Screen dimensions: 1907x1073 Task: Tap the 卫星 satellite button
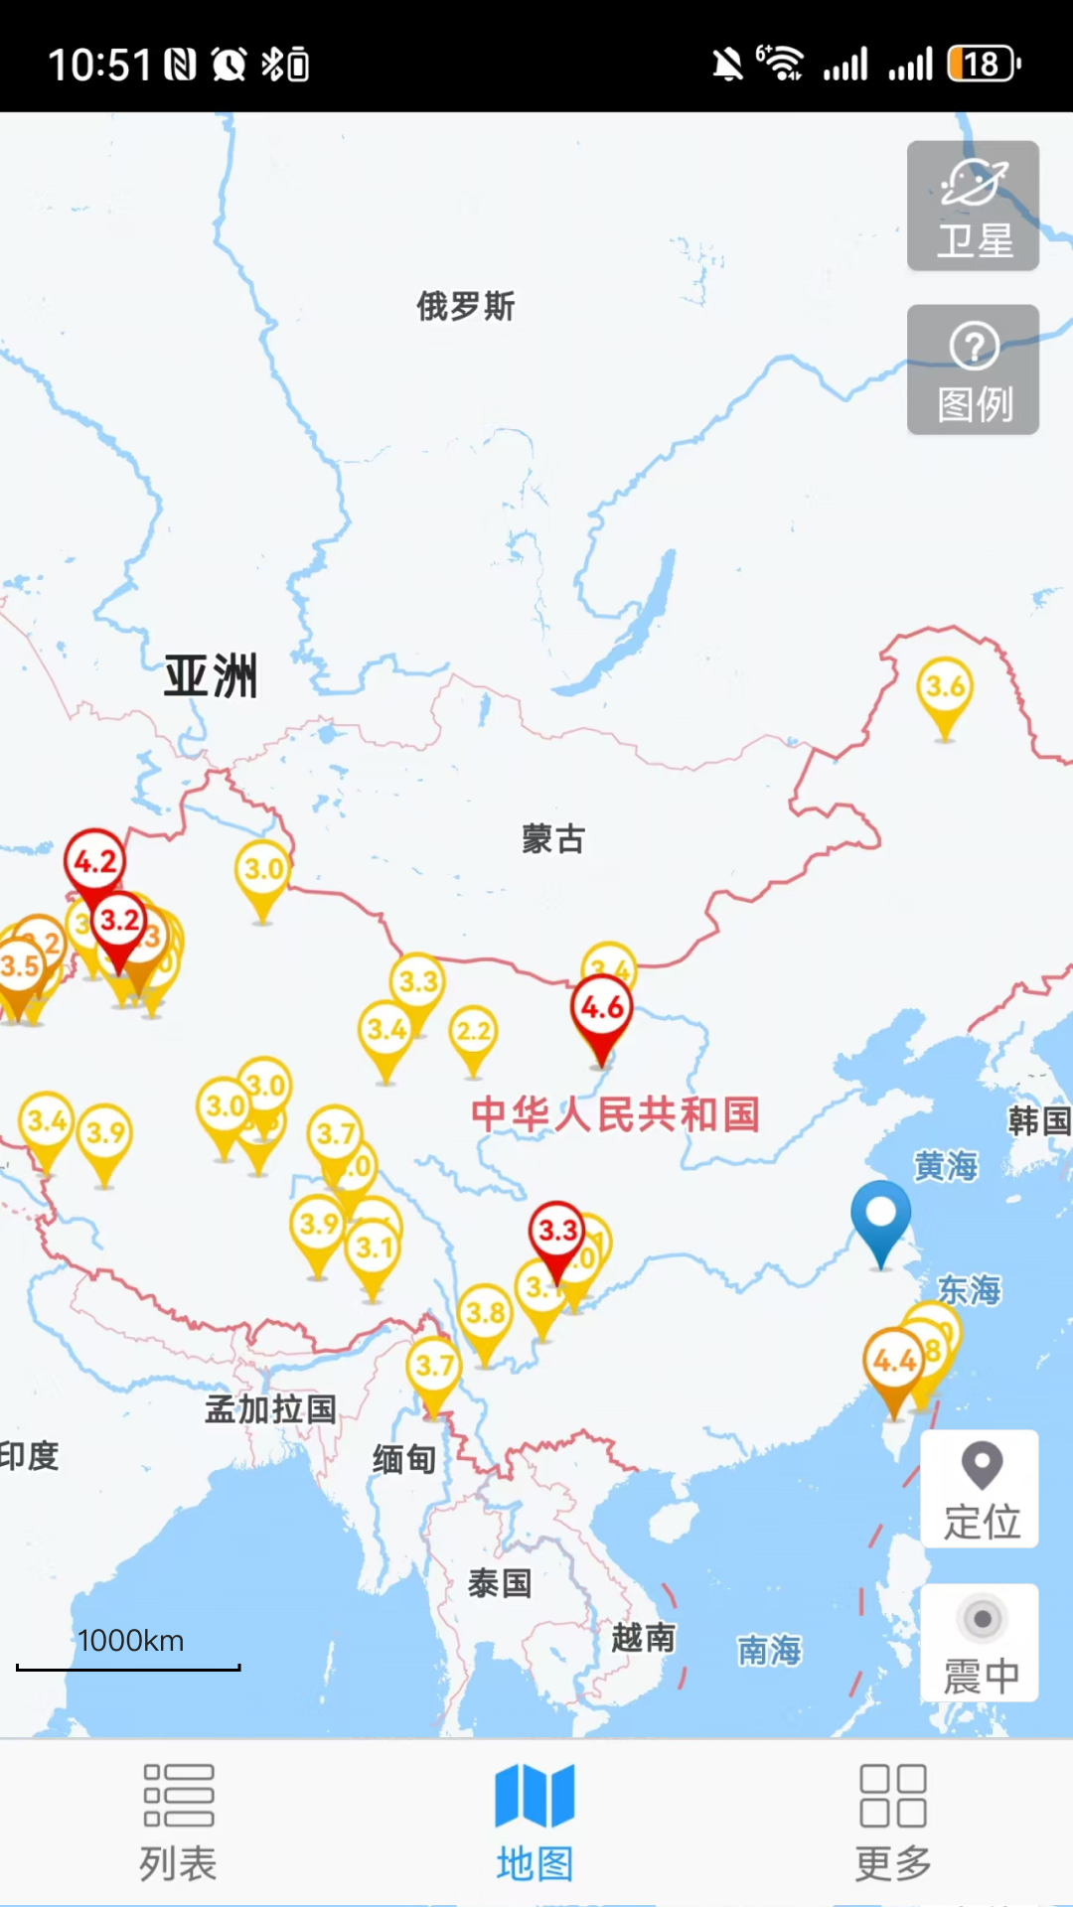click(973, 206)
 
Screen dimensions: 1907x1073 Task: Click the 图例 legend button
click(973, 369)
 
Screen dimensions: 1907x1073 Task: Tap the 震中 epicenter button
click(980, 1643)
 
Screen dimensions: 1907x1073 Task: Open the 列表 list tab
click(178, 1822)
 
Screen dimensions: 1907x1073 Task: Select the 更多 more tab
click(893, 1822)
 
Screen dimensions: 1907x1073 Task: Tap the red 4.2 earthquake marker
click(95, 862)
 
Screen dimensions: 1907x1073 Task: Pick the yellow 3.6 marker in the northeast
click(945, 687)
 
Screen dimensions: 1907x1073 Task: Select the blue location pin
click(880, 1215)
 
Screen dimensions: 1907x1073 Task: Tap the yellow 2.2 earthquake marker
click(473, 1032)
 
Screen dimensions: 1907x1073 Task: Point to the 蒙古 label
click(553, 839)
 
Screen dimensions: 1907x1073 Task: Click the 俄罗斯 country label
click(466, 306)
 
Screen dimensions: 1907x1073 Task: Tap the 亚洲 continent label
click(211, 676)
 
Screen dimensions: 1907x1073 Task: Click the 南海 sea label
click(769, 1650)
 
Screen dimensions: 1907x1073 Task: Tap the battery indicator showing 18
click(983, 65)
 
